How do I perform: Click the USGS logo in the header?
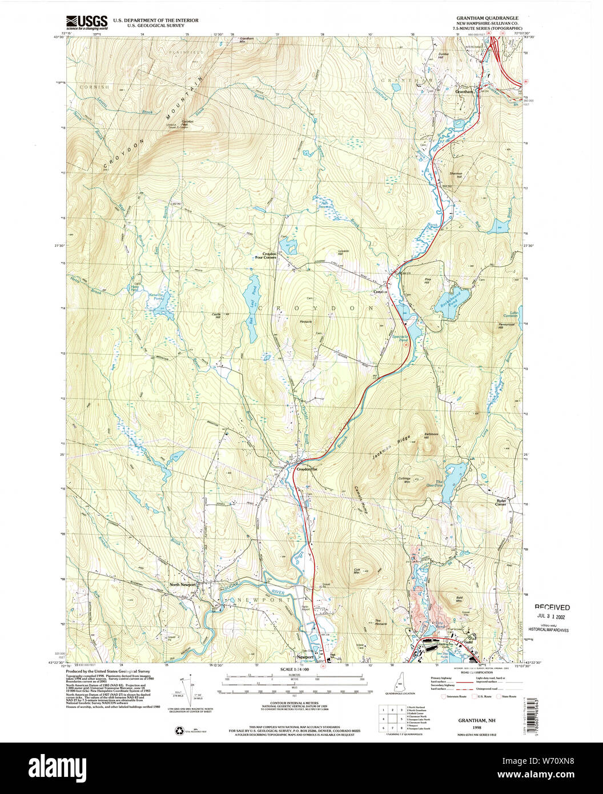(x=86, y=22)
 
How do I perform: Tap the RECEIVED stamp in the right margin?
(x=552, y=607)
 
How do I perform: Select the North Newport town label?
(x=183, y=584)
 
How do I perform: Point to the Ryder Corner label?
(x=501, y=502)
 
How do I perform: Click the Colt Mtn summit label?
(x=360, y=571)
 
